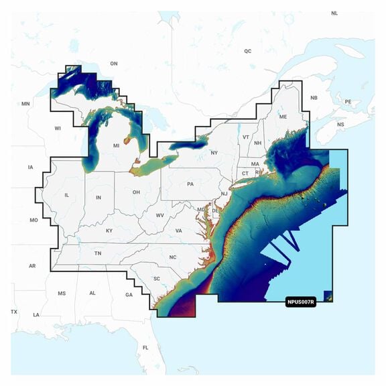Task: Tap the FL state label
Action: (145, 348)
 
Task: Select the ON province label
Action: (114, 64)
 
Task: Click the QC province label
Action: (247, 51)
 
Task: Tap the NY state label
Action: (214, 153)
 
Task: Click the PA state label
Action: (190, 184)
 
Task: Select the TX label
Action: (14, 312)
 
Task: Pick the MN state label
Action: (26, 104)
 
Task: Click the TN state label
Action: (98, 253)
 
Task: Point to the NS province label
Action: (340, 125)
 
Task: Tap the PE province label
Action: (348, 102)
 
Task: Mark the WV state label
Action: (159, 215)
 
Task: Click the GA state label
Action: (129, 295)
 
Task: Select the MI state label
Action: (116, 145)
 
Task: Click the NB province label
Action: (313, 98)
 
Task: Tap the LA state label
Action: (36, 315)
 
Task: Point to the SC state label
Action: (156, 278)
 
